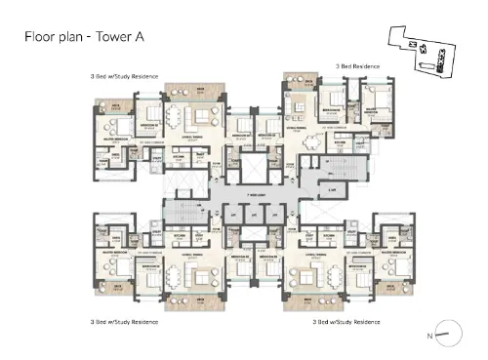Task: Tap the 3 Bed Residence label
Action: (357, 64)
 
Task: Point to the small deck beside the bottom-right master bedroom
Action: (397, 287)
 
